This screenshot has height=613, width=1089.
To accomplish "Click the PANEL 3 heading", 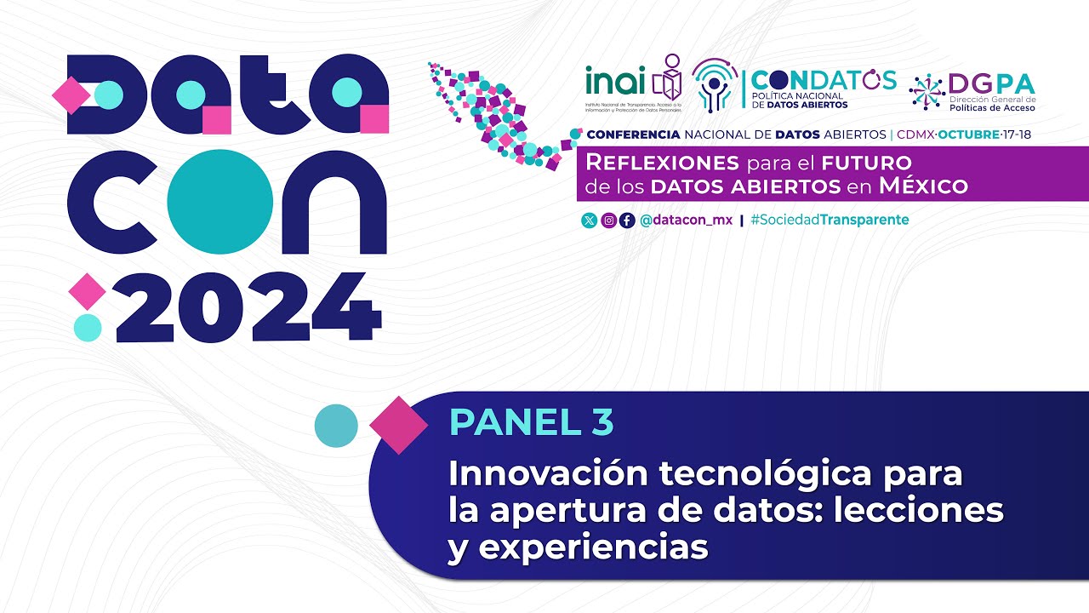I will pos(531,423).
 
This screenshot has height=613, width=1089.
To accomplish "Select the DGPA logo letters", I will pos(991,84).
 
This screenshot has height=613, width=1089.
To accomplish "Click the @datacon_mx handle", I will pos(686,221).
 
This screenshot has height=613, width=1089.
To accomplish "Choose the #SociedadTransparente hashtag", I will pos(830,221).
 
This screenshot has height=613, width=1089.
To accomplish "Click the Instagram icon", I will pos(608,221).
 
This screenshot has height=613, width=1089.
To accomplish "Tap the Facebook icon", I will pos(627,221).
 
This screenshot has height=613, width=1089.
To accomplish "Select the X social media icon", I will pos(589,221).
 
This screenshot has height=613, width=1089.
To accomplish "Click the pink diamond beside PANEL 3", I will pos(398,424).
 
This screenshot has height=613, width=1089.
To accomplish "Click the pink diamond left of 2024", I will pos(86,292).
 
